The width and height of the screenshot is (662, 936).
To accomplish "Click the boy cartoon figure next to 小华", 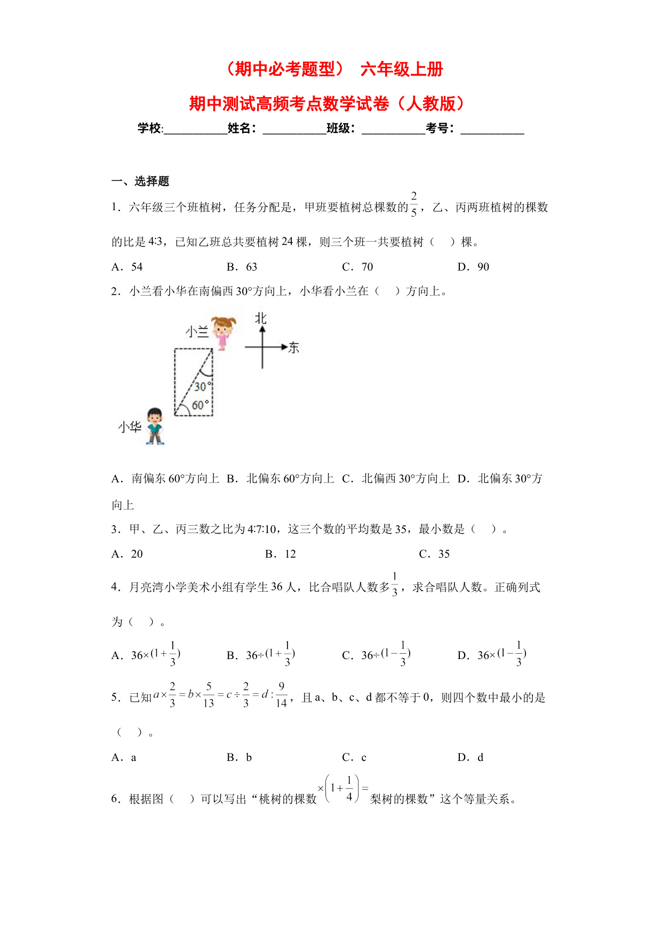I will point(155,426).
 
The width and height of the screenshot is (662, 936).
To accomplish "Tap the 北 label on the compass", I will point(260,319).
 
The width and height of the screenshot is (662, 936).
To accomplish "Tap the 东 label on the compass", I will point(293,348).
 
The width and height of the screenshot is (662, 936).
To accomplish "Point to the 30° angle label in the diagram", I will point(202,386).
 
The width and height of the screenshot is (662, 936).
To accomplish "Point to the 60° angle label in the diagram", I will point(200,405).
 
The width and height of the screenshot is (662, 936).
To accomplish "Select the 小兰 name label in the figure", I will point(197,332).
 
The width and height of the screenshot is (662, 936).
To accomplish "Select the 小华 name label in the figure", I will point(130,427).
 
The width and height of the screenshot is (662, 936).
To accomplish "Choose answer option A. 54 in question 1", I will point(127,267).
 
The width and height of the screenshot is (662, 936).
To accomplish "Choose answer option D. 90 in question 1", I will point(473,267).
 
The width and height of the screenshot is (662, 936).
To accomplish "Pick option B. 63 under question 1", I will point(242,267).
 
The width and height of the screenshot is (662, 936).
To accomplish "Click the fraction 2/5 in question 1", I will point(414,204).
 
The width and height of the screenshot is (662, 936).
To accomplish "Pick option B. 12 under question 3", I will point(281,554).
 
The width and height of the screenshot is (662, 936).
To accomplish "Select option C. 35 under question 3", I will point(434,554).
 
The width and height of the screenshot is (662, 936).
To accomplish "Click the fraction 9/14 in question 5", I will point(281,695).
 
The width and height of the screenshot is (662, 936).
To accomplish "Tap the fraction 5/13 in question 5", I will point(209,695).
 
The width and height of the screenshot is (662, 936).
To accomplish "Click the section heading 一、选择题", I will point(140,181).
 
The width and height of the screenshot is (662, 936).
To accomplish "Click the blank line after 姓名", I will point(294,129).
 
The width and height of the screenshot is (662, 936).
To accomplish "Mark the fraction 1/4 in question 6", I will point(349,788).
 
